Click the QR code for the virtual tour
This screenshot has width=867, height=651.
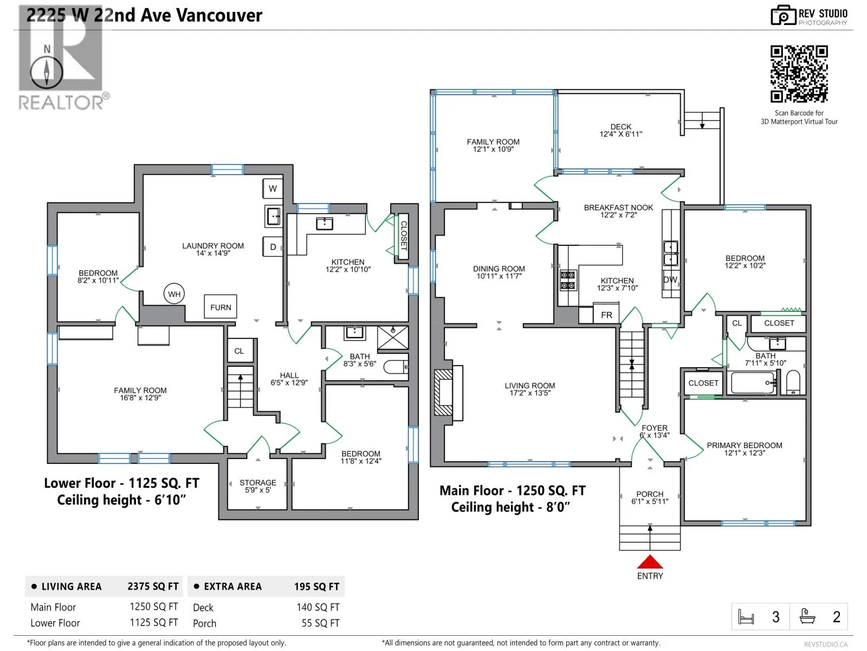pyautogui.click(x=799, y=74)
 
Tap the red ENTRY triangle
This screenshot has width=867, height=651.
pyautogui.click(x=650, y=561)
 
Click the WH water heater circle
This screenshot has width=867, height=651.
pyautogui.click(x=174, y=293)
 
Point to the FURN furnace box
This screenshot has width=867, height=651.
pyautogui.click(x=221, y=307)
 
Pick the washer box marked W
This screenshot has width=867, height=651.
pyautogui.click(x=273, y=189)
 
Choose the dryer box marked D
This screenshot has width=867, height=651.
pyautogui.click(x=273, y=247)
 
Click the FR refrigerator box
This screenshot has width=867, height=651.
pyautogui.click(x=606, y=314)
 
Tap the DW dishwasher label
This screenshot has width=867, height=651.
pyautogui.click(x=670, y=279)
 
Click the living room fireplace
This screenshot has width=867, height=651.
pyautogui.click(x=448, y=392)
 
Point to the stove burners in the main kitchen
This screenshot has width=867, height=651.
pyautogui.click(x=567, y=280)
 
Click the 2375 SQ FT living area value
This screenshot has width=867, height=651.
pyautogui.click(x=153, y=586)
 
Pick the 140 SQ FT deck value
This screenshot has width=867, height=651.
pyautogui.click(x=318, y=607)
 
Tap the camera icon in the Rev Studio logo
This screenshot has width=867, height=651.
pyautogui.click(x=783, y=15)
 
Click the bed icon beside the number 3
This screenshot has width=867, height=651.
pyautogui.click(x=746, y=616)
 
